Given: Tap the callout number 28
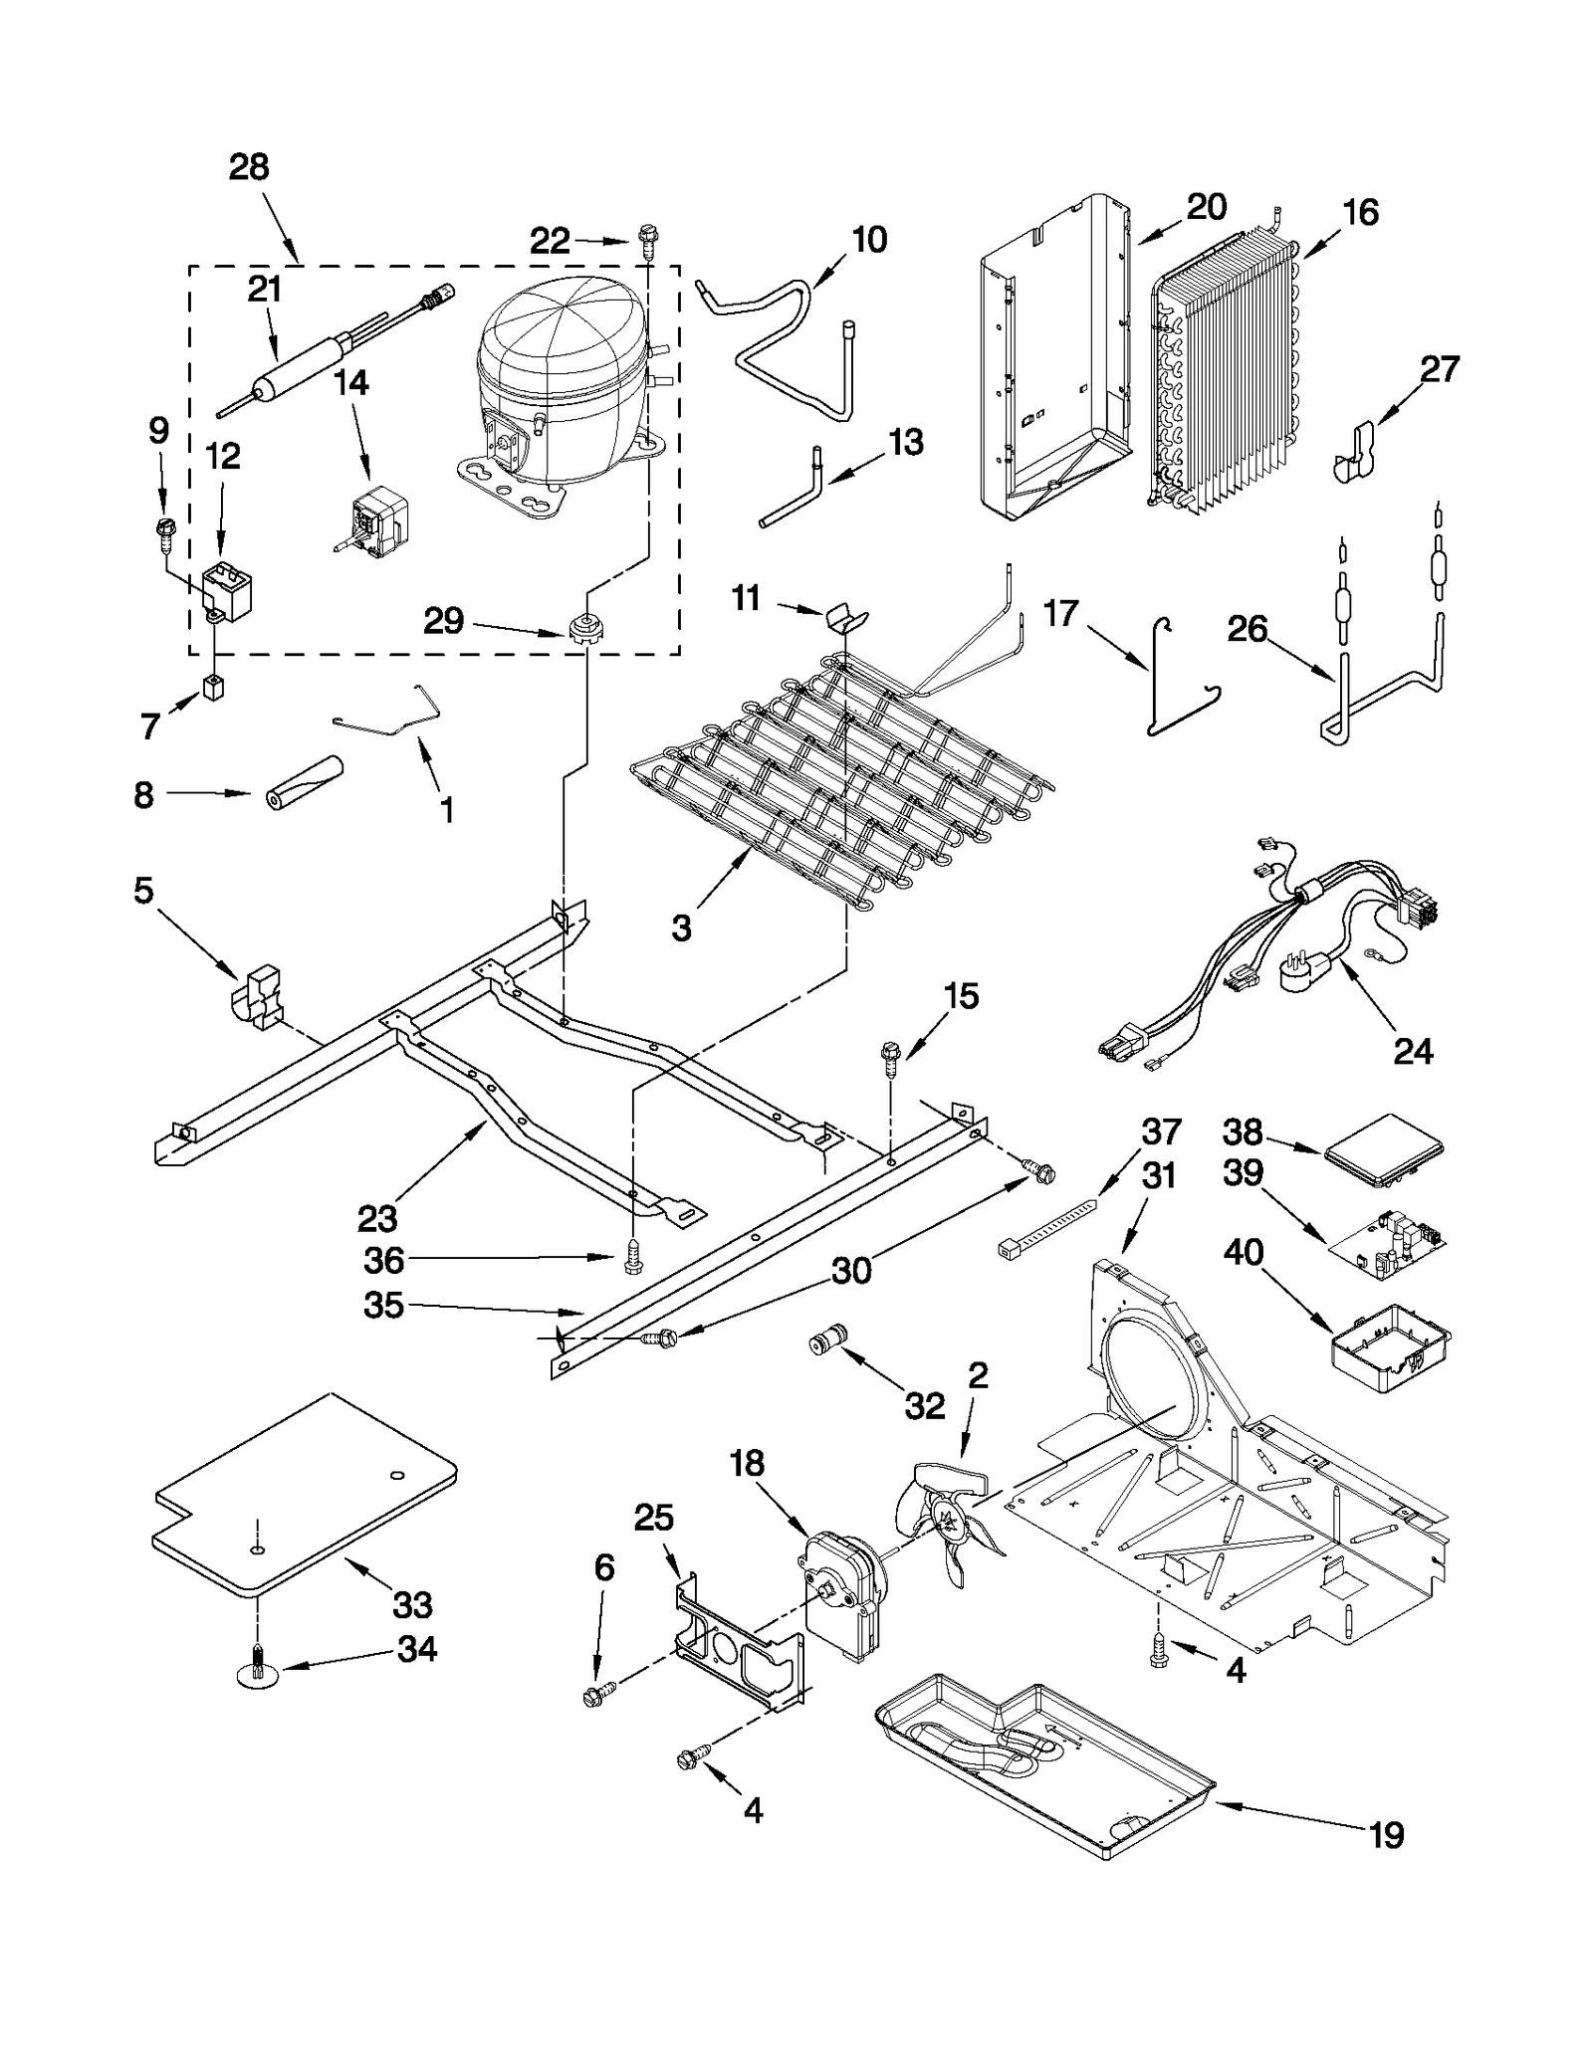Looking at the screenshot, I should pyautogui.click(x=249, y=166).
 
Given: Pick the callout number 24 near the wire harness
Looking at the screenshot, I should pyautogui.click(x=1413, y=1051).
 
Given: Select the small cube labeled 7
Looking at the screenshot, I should pyautogui.click(x=213, y=686).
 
